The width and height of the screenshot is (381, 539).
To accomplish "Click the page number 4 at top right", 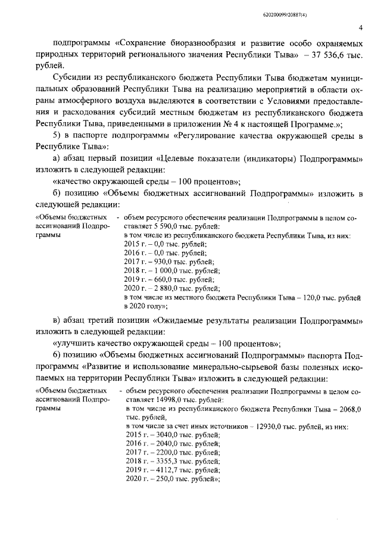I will (x=361, y=27).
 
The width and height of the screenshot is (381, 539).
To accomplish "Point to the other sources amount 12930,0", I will (x=266, y=427).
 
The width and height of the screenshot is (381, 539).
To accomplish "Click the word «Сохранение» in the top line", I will (x=146, y=44).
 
